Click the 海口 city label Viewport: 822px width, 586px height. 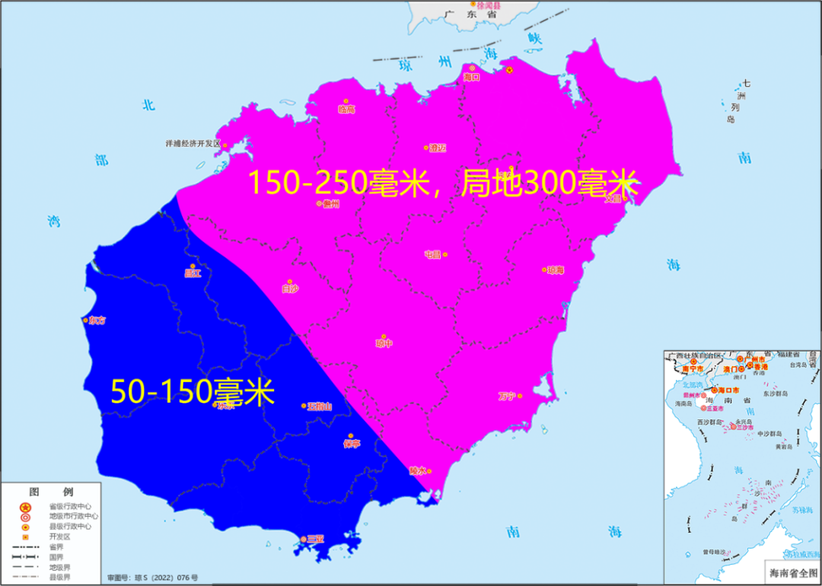pyautogui.click(x=472, y=77)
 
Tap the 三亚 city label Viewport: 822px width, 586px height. pyautogui.click(x=315, y=539)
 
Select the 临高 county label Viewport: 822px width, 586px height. pyautogui.click(x=346, y=110)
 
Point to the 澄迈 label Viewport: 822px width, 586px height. pyautogui.click(x=438, y=148)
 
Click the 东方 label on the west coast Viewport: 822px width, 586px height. pyautogui.click(x=97, y=320)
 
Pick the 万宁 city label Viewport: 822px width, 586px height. pyautogui.click(x=507, y=396)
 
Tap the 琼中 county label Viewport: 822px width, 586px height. pyautogui.click(x=384, y=343)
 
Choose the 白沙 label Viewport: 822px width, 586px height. pyautogui.click(x=290, y=288)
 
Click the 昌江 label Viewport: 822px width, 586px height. pyautogui.click(x=193, y=272)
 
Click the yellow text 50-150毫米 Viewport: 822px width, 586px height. pyautogui.click(x=192, y=392)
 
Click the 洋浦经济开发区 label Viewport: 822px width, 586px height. pyautogui.click(x=193, y=143)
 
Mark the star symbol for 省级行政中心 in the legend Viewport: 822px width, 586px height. pyautogui.click(x=25, y=507)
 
